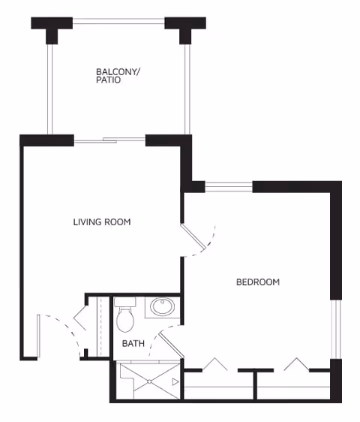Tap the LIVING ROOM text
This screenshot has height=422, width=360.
(x=102, y=222)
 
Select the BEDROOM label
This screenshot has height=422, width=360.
(x=258, y=282)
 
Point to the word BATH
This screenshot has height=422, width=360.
(x=133, y=344)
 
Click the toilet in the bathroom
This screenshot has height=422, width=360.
(x=125, y=316)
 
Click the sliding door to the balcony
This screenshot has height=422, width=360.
(x=109, y=139)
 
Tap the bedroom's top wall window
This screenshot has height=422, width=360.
(x=229, y=186)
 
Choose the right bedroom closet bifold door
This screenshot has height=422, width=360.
(x=296, y=363)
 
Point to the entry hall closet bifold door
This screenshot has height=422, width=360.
(x=84, y=324)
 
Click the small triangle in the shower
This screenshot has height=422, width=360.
(x=175, y=382)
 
